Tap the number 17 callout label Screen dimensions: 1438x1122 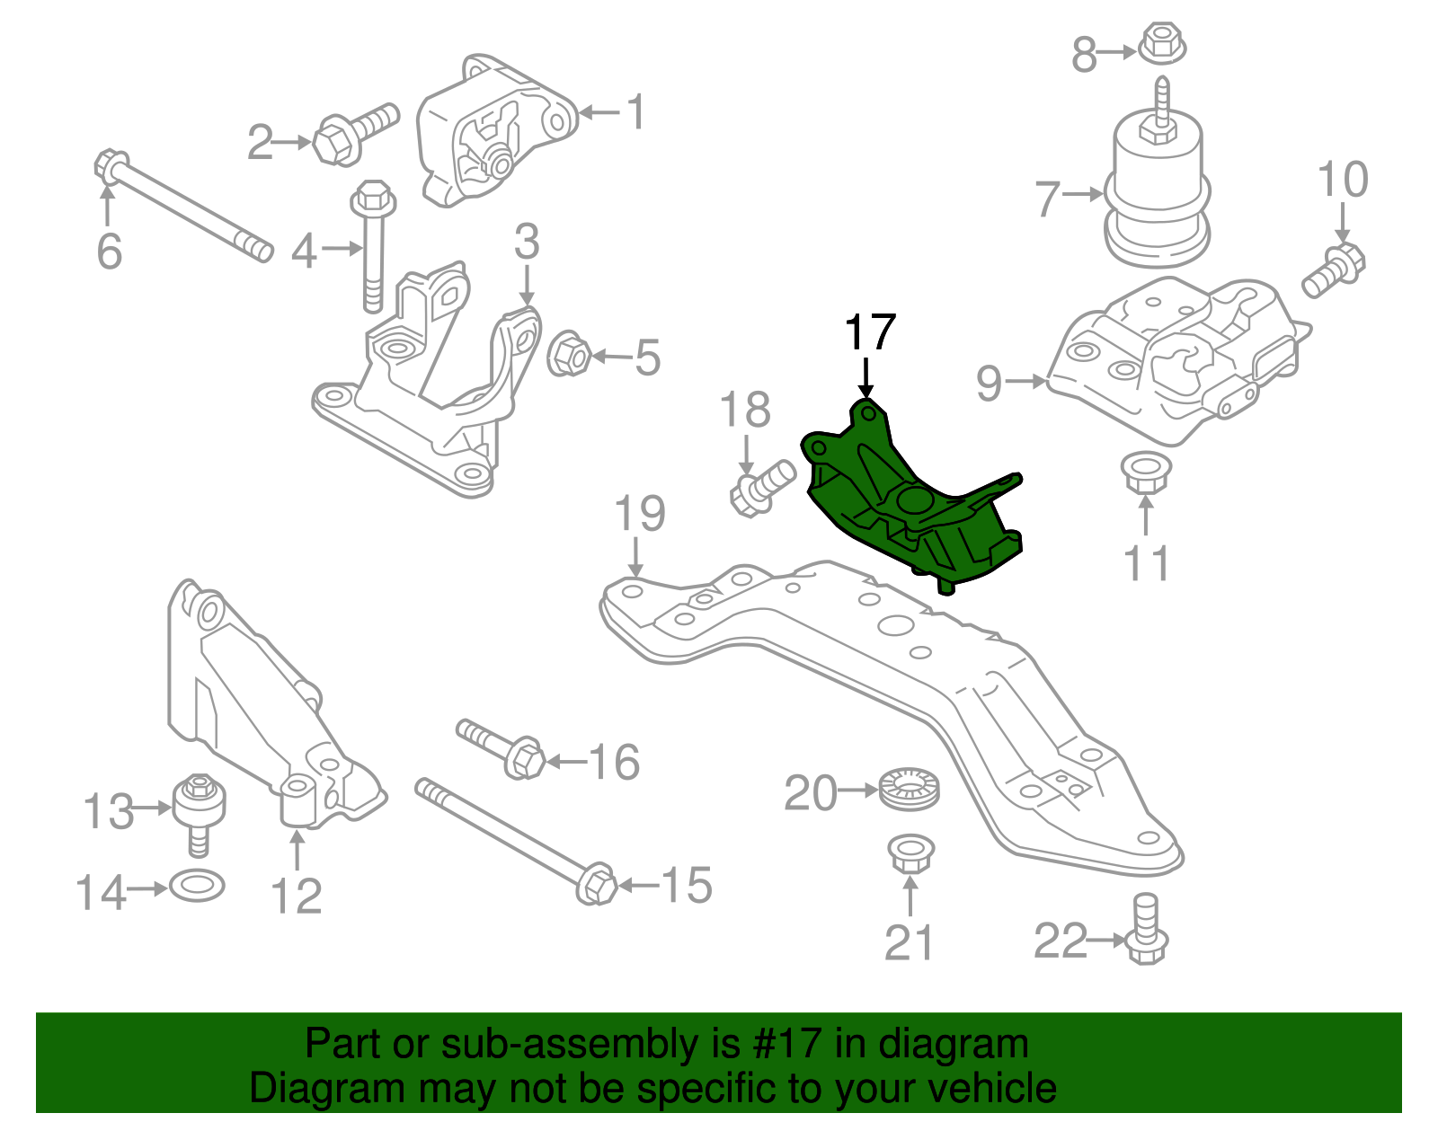pos(870,332)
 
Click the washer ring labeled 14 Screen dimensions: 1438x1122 pos(197,886)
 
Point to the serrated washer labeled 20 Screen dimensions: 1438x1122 pos(910,788)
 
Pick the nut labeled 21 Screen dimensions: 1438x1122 pos(910,855)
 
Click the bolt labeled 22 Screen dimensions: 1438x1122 pos(1147,928)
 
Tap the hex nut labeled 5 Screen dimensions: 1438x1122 pos(568,354)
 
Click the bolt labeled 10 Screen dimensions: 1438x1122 pos(1333,271)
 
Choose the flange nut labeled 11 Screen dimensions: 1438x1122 pos(1146,473)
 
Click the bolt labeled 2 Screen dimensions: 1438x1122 pos(354,135)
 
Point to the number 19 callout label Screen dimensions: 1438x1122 pos(639,513)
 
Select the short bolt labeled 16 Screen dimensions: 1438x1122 pos(501,749)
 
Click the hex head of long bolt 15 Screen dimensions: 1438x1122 pos(596,883)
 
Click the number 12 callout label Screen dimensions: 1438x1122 pos(296,896)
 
